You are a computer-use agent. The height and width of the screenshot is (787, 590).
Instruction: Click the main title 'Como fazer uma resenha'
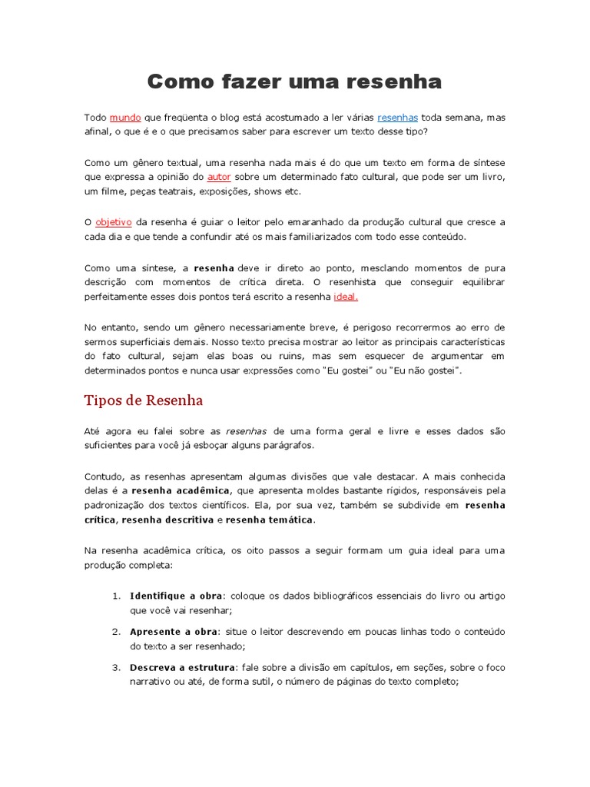pyautogui.click(x=294, y=81)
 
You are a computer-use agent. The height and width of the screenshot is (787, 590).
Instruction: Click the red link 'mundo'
pyautogui.click(x=125, y=118)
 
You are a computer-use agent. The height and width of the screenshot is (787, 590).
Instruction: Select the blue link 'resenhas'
pyautogui.click(x=397, y=118)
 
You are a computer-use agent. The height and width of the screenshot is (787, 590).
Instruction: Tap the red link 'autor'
pyautogui.click(x=219, y=177)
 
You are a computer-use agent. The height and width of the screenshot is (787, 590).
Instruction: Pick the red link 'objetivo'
pyautogui.click(x=114, y=222)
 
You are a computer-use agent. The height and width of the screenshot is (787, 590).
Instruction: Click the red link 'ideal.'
pyautogui.click(x=346, y=297)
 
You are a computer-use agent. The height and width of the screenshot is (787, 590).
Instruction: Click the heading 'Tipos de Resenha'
pyautogui.click(x=144, y=400)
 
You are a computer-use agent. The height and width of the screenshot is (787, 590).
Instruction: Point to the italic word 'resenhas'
pyautogui.click(x=246, y=431)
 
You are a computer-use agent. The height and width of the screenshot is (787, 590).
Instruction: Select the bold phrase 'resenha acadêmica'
pyautogui.click(x=181, y=490)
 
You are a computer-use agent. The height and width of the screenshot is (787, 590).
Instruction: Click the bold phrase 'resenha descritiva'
pyautogui.click(x=167, y=520)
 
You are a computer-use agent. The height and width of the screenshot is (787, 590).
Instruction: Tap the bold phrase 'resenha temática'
pyautogui.click(x=270, y=520)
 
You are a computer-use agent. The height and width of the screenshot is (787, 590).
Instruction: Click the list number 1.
pyautogui.click(x=116, y=596)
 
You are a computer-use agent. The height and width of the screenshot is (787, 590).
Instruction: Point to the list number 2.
pyautogui.click(x=116, y=632)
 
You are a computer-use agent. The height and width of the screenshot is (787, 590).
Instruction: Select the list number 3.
pyautogui.click(x=116, y=667)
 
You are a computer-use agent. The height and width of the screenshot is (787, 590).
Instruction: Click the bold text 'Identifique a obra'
pyautogui.click(x=176, y=596)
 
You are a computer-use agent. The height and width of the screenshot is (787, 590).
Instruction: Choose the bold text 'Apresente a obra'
pyautogui.click(x=174, y=632)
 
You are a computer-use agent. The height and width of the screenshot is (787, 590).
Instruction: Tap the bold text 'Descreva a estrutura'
pyautogui.click(x=182, y=667)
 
